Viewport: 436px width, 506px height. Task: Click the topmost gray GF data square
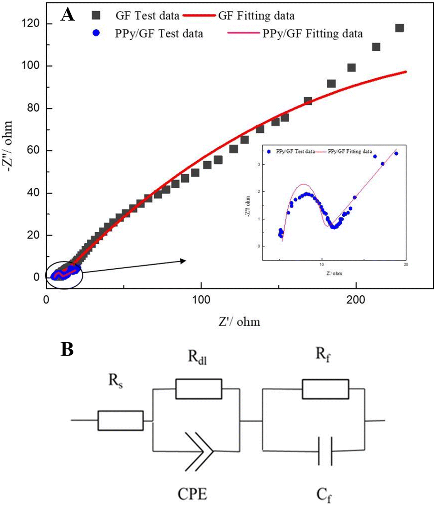(x=399, y=28)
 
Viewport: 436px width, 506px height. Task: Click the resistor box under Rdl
(x=199, y=389)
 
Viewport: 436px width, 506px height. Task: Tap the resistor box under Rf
(x=326, y=389)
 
